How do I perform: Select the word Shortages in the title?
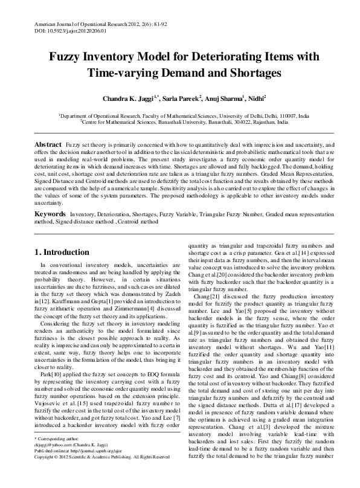coord(252,73)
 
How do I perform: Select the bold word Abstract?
coord(48,146)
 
